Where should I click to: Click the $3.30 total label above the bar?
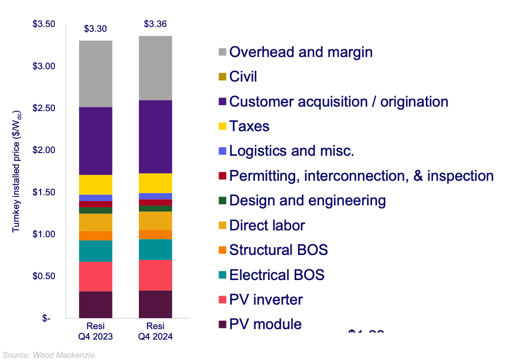tap(96, 29)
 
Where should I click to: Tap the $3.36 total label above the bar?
tap(155, 24)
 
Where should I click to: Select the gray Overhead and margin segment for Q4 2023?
tap(96, 74)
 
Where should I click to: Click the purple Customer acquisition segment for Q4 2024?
tap(155, 137)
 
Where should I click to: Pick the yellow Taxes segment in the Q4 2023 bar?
tap(96, 185)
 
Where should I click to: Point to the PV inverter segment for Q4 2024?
tap(155, 275)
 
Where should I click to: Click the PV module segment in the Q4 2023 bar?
tap(96, 304)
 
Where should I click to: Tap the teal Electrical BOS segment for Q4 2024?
tap(155, 249)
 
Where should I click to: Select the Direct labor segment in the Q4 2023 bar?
tap(96, 222)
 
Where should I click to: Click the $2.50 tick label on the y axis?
tap(44, 108)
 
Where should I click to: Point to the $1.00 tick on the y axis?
tap(44, 234)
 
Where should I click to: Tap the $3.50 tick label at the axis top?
tap(44, 24)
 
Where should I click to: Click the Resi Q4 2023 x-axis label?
tap(96, 331)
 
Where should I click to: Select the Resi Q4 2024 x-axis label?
tap(155, 331)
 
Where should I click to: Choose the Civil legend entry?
tap(243, 76)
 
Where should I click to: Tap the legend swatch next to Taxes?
tap(222, 127)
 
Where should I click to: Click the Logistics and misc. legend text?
tap(292, 151)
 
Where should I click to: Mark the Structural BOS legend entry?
tap(278, 250)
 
